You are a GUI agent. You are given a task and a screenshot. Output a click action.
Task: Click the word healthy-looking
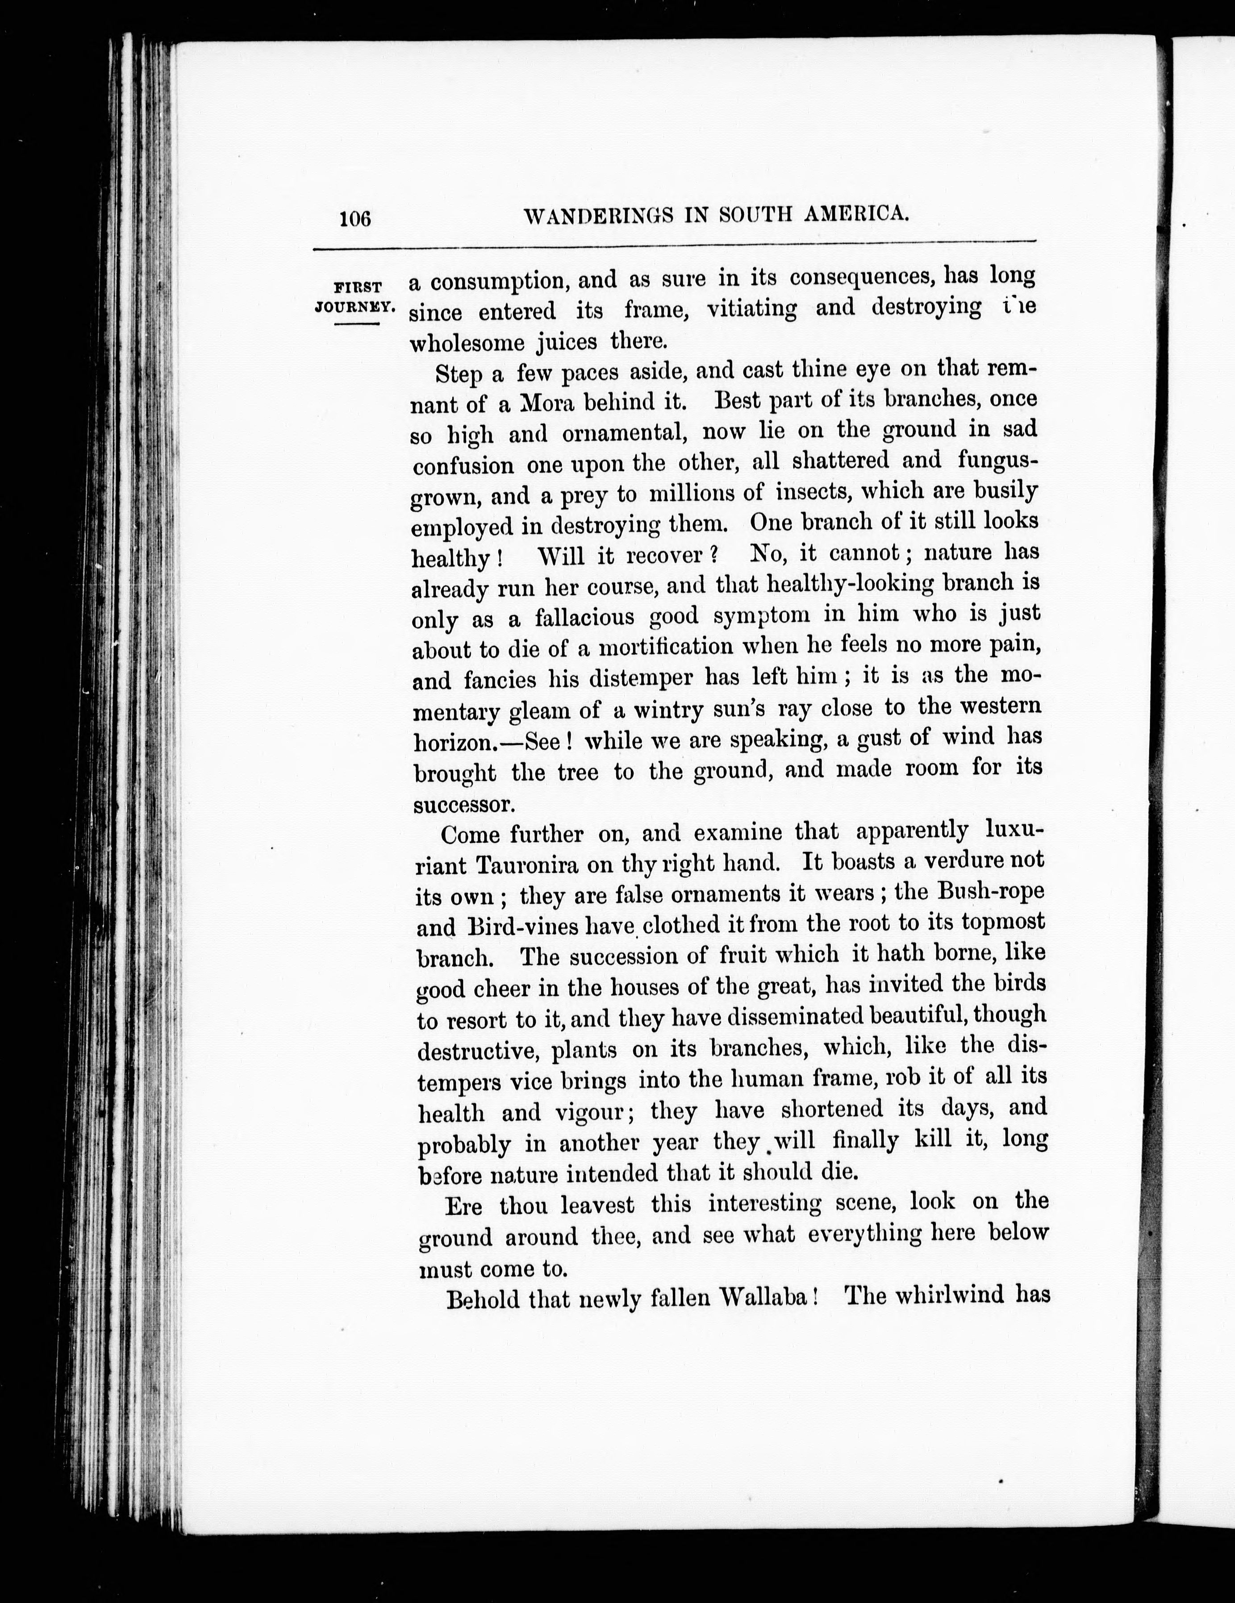coord(850,584)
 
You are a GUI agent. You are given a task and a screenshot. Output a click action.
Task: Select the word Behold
coord(483,1300)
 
